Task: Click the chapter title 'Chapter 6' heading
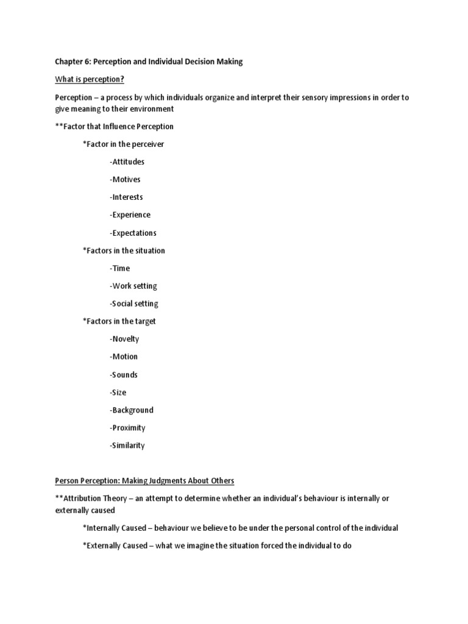(x=149, y=61)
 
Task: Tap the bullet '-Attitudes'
(x=127, y=162)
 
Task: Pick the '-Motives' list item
(x=125, y=180)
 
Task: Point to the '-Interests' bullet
(x=127, y=197)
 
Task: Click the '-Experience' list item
(x=130, y=215)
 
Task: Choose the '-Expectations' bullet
(x=133, y=233)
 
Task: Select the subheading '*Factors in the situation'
(x=124, y=250)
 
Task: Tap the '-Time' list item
(x=120, y=268)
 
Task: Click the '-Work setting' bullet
(x=133, y=286)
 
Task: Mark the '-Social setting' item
(x=134, y=303)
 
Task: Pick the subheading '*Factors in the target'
(x=119, y=321)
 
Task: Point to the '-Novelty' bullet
(x=124, y=339)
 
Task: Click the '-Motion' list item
(x=124, y=356)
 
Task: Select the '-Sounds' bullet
(x=124, y=375)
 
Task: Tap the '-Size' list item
(x=118, y=392)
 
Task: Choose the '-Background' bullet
(x=132, y=410)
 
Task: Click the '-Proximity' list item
(x=128, y=428)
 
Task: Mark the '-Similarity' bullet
(x=127, y=445)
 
